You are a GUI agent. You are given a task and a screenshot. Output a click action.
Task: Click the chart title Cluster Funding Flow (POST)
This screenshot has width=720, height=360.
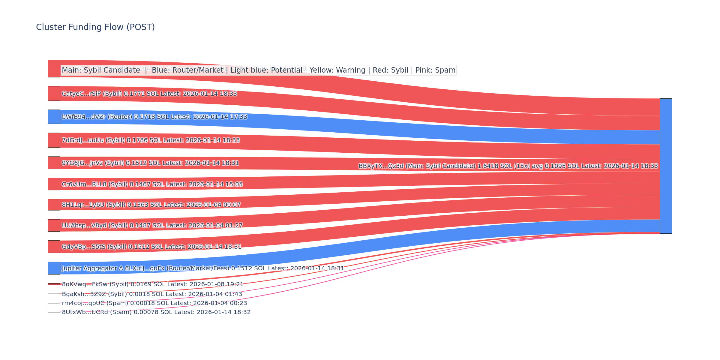pos(95,27)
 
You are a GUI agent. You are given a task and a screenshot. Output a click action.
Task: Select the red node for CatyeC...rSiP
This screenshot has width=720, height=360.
pos(54,94)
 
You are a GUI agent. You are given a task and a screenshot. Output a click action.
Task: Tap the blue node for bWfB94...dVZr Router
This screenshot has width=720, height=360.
pos(54,117)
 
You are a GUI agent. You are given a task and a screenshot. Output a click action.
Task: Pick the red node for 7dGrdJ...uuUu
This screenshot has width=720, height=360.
pos(54,140)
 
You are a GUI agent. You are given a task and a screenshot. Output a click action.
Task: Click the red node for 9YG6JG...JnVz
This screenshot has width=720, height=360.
pos(54,163)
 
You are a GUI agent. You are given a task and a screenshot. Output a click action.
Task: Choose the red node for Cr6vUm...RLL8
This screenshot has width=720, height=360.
pos(54,184)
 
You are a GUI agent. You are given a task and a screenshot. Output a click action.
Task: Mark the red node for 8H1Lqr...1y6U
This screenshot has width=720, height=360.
pos(54,205)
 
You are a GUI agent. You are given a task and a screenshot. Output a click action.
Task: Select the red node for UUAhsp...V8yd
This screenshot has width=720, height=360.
pos(54,225)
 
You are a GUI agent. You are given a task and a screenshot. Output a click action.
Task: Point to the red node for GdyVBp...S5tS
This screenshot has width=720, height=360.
pos(54,247)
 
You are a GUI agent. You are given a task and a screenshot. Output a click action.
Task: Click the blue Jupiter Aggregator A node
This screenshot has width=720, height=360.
pos(54,268)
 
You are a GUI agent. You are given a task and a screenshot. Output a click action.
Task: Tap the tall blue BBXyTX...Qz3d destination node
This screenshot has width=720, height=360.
pos(666,166)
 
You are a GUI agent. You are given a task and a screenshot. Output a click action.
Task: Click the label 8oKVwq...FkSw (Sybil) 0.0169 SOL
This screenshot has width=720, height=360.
pos(152,284)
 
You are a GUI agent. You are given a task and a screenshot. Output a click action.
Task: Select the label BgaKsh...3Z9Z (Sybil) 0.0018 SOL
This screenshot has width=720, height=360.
pos(152,294)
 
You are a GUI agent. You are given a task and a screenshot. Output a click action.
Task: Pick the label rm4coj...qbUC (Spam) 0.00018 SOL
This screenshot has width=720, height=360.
pos(154,303)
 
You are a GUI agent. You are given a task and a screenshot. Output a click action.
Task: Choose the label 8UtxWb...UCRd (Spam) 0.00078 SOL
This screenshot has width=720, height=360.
pos(156,312)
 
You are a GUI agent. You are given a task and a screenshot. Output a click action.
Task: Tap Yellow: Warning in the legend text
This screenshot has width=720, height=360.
pos(337,70)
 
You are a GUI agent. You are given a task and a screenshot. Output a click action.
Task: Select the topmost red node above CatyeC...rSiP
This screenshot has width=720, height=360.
pos(54,69)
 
